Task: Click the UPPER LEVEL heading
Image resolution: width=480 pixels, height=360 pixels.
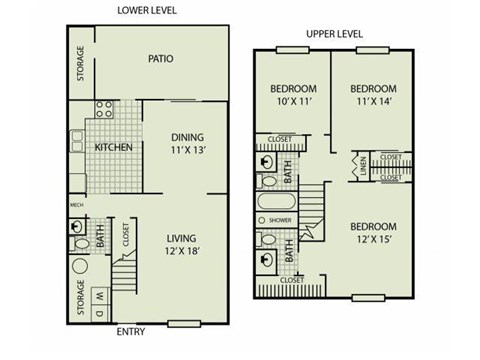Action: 333,33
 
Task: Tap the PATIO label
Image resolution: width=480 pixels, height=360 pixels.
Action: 161,59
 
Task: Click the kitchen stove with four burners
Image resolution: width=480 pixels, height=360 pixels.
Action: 103,110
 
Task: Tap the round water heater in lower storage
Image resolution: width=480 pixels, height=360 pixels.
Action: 80,267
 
